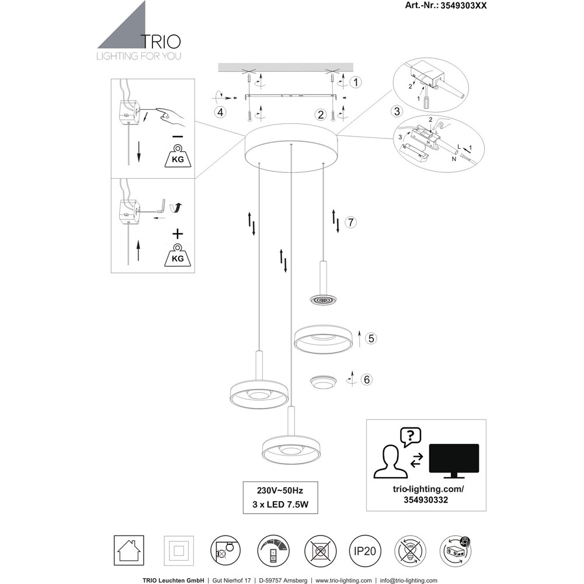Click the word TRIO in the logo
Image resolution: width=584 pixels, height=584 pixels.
[x=161, y=42]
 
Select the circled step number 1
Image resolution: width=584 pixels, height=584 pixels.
[x=356, y=82]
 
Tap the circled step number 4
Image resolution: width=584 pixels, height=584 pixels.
[x=221, y=112]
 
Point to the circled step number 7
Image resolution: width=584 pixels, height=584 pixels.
[x=350, y=223]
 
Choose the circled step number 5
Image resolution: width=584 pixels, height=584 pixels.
[x=371, y=338]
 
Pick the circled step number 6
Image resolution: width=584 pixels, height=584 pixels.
[x=367, y=380]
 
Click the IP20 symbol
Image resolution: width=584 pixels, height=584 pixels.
[x=365, y=551]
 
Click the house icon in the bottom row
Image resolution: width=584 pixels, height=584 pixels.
[x=128, y=551]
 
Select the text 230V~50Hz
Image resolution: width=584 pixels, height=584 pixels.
[x=280, y=491]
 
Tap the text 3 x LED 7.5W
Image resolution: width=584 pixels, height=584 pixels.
[x=280, y=505]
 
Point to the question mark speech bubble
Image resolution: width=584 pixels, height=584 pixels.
[x=411, y=437]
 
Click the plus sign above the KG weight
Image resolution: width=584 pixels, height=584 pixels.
[x=178, y=234]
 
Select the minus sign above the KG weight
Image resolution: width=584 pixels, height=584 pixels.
[x=178, y=136]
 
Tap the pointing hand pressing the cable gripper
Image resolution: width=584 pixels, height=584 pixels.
[x=171, y=116]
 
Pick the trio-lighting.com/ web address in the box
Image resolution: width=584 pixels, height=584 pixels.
[x=428, y=489]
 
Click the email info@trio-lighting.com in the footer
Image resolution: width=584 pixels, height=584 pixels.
[x=409, y=580]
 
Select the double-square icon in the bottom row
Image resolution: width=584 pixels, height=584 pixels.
[x=179, y=551]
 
